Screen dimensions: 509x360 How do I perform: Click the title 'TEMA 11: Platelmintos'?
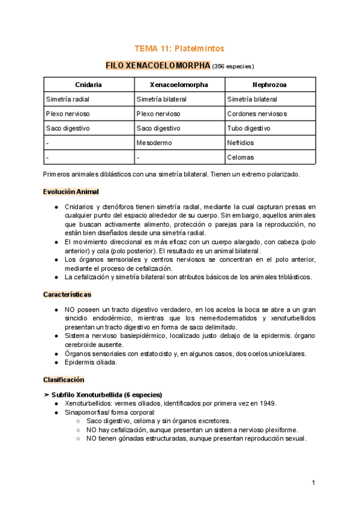pos(179,48)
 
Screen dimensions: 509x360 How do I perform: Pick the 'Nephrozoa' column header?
pos(269,85)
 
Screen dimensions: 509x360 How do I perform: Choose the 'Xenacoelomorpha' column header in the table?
pos(179,85)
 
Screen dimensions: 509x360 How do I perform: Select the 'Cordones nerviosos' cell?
pos(257,113)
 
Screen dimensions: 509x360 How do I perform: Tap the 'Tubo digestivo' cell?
pos(248,128)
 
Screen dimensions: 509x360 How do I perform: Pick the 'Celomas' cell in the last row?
pos(241,157)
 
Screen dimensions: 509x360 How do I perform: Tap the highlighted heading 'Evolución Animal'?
pos(71,191)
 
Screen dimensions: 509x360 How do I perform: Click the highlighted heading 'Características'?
pos(67,295)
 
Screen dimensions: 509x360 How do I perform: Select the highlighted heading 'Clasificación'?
pos(64,380)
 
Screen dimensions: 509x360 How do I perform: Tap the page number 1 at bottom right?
pos(313,483)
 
